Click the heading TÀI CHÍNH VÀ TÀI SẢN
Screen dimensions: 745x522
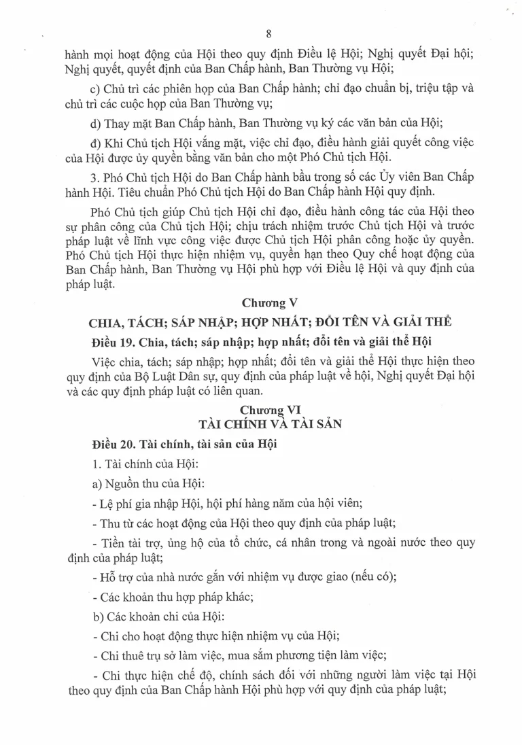[x=270, y=423]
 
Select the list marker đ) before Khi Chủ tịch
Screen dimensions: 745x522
[x=96, y=143]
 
